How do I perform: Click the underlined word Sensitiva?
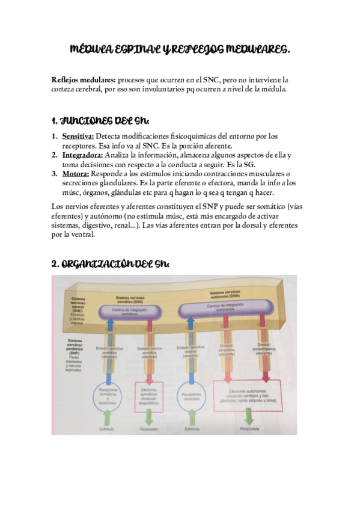[78, 136]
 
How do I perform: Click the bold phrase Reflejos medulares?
[84, 79]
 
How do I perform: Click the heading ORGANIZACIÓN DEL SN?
[111, 264]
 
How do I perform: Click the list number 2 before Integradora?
[54, 155]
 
